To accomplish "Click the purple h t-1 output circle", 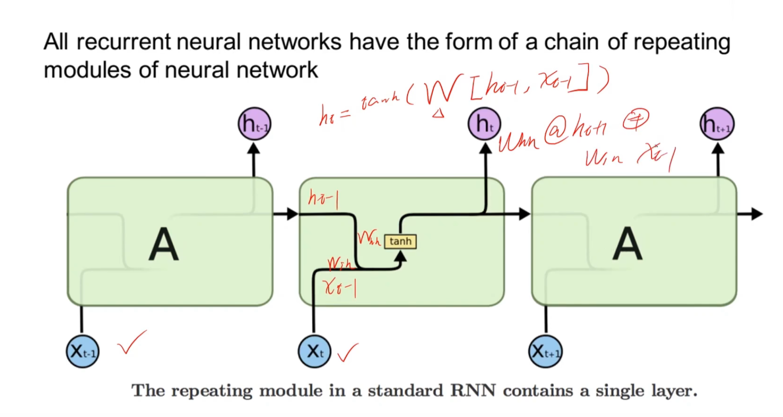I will point(254,124).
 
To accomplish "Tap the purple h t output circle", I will point(485,124).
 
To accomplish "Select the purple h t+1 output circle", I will point(717,124).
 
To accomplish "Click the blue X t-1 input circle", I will point(82,352).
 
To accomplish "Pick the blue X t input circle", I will point(314,352).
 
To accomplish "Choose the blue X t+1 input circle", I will point(545,352).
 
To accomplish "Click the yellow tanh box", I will point(400,241).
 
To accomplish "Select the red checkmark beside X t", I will point(348,352).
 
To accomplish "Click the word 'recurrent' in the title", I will point(124,42).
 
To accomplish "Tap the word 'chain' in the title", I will point(571,42).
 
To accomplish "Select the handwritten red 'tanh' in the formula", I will point(380,102).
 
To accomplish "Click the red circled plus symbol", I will point(635,120).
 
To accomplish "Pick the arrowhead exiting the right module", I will point(757,214).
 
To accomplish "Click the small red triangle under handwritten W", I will point(438,114).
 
